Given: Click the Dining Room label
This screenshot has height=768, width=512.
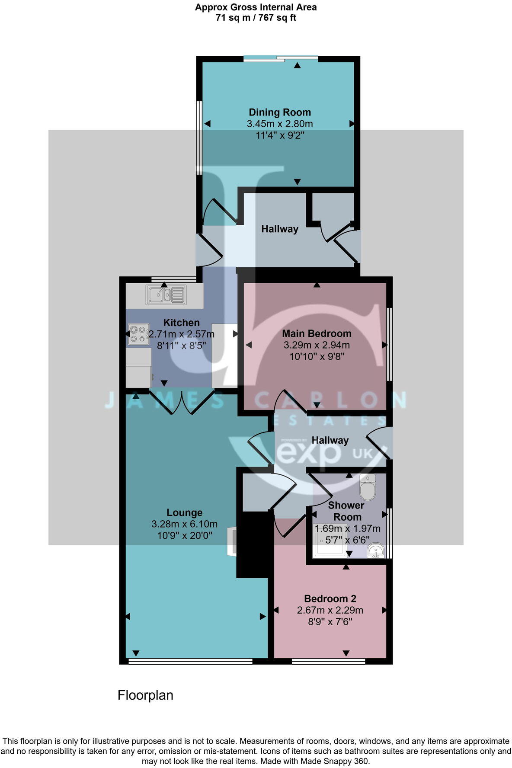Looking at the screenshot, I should (279, 112).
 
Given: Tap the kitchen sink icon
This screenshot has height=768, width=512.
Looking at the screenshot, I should (166, 295).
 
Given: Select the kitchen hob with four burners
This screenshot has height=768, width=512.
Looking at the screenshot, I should (138, 334).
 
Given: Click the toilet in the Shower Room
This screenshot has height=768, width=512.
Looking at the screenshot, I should (368, 487).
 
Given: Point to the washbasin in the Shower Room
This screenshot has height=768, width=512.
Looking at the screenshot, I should (375, 550).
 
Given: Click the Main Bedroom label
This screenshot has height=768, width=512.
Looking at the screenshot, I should (317, 333).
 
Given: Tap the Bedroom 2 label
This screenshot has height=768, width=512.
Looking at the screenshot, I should (330, 598).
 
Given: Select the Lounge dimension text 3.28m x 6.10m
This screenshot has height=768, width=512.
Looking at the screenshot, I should (184, 524).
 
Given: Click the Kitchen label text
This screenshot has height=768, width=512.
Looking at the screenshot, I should (181, 323).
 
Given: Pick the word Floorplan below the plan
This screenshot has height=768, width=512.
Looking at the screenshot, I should (145, 695).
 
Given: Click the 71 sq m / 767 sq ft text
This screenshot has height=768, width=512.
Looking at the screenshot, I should (256, 18).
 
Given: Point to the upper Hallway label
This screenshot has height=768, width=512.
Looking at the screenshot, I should (279, 229).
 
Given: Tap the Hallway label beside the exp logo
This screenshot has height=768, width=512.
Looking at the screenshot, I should (330, 440).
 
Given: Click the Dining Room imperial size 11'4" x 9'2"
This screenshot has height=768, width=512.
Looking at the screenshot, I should (280, 135).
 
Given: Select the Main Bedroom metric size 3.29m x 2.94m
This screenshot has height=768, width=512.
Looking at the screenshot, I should (317, 345).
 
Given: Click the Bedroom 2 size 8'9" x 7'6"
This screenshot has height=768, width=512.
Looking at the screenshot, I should (330, 622).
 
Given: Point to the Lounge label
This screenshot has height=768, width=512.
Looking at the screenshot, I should (184, 512).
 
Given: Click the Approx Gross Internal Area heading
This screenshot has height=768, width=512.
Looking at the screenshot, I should (256, 7).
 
